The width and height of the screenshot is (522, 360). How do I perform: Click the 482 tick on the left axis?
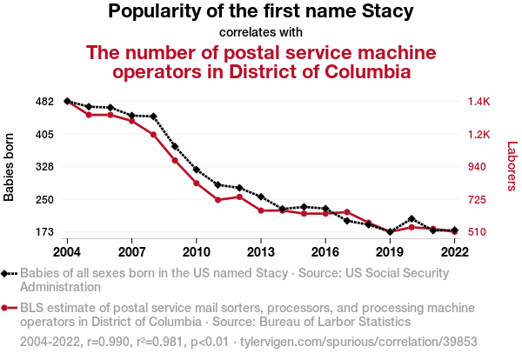click(x=45, y=102)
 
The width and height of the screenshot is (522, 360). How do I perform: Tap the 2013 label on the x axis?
click(x=261, y=251)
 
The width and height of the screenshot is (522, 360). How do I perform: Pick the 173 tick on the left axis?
click(x=45, y=232)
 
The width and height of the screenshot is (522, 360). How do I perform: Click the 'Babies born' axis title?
click(x=10, y=167)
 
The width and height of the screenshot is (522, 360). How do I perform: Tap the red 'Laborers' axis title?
click(x=512, y=167)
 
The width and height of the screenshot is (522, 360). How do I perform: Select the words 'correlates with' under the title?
click(x=261, y=32)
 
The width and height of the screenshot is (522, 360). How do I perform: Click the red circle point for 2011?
click(x=218, y=200)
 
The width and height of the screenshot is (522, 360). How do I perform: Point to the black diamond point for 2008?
click(x=153, y=117)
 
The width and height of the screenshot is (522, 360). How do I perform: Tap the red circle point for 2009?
click(x=175, y=161)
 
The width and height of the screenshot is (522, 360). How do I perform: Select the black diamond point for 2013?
click(x=261, y=197)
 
